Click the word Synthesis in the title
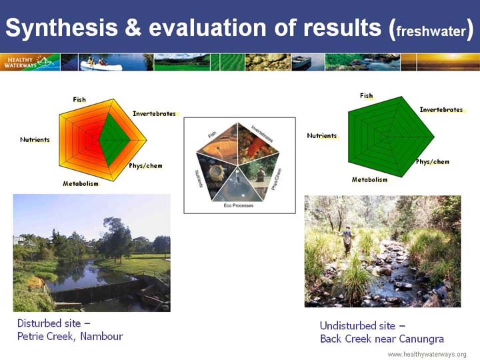[61, 28]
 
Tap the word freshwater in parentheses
[431, 31]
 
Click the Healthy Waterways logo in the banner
[30, 62]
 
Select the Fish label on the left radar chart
[79, 99]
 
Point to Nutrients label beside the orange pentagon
[35, 139]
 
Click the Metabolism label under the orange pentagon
[81, 184]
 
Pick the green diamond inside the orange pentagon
[115, 140]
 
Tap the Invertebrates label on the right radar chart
[441, 109]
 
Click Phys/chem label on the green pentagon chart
[433, 161]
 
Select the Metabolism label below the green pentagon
[369, 180]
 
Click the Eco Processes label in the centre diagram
[239, 205]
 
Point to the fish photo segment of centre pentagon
[219, 145]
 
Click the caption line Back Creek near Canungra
[382, 339]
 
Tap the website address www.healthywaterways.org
[427, 355]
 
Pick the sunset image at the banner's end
[440, 62]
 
